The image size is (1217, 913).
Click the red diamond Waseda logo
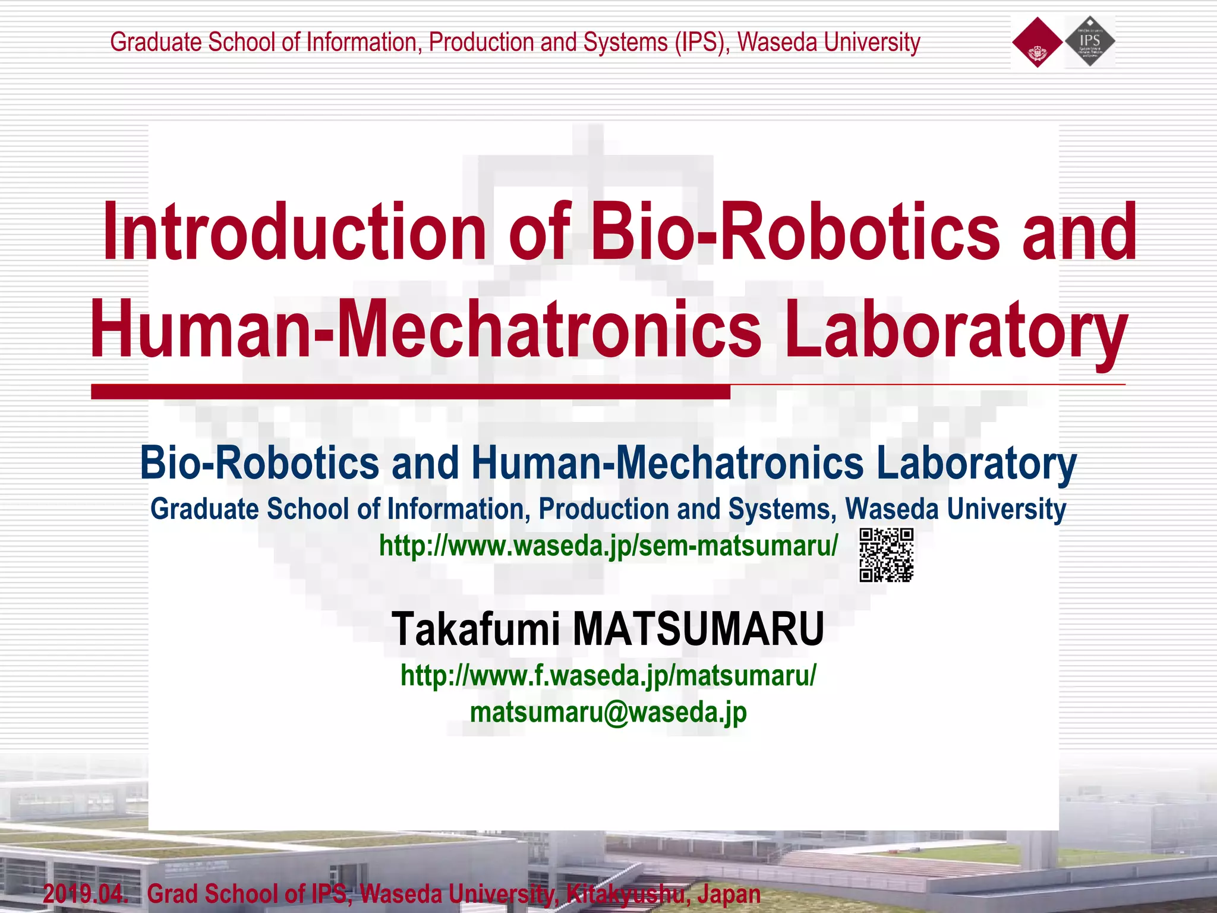[1037, 42]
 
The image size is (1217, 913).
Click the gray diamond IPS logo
[1090, 41]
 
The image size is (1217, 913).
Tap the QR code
[886, 555]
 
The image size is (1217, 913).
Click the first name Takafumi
[475, 629]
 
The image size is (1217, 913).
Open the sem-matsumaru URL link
[608, 546]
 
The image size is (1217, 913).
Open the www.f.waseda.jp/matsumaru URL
[608, 675]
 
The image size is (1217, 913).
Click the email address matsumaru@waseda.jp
[608, 712]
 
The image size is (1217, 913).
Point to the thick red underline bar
[410, 392]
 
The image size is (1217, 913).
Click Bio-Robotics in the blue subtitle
[259, 463]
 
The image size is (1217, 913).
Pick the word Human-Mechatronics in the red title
[425, 330]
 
